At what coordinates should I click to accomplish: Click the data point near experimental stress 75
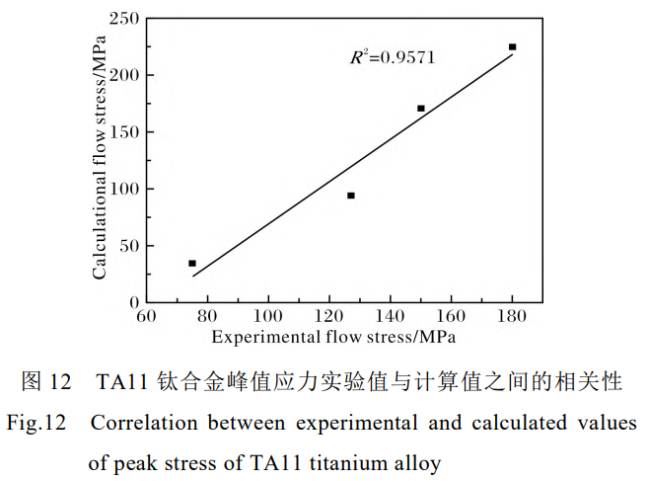(192, 264)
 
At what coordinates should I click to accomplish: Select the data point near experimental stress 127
(351, 196)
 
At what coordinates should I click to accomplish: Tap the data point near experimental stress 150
(421, 109)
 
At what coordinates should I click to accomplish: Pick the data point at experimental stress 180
(513, 47)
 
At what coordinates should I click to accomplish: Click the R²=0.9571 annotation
(392, 57)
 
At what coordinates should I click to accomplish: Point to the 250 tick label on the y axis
(124, 18)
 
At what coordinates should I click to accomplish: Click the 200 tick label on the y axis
(124, 75)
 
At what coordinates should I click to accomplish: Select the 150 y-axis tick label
(124, 131)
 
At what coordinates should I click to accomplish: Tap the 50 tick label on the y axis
(128, 245)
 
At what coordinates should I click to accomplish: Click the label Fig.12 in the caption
(36, 424)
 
